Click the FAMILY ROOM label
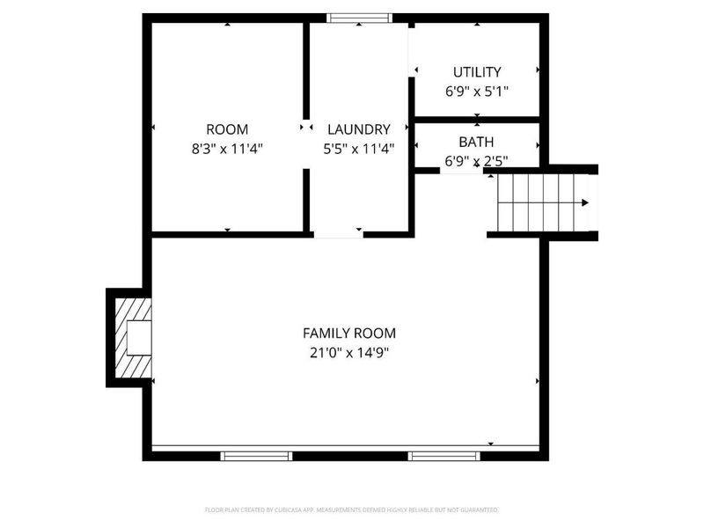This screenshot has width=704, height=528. pos(349,333)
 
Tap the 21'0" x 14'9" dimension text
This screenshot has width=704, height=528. pos(349,353)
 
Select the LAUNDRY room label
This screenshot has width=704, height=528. pos(358,129)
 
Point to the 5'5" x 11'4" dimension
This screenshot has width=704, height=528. pos(358,149)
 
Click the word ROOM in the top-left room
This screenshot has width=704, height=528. pos(227,129)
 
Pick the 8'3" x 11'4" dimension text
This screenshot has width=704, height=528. pos(227,149)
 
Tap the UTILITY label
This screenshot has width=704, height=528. pos(477,72)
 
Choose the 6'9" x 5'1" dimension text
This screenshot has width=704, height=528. pos(477,91)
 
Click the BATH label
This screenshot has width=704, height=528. pos(476,142)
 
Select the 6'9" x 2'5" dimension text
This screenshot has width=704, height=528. pos(476,160)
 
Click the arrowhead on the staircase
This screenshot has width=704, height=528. pos(585,203)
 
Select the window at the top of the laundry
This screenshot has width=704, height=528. pos(358,18)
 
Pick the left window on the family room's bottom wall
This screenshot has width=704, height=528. pos(255,456)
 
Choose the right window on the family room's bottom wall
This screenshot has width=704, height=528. pos(444,456)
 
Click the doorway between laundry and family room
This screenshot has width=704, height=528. pos(339,234)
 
